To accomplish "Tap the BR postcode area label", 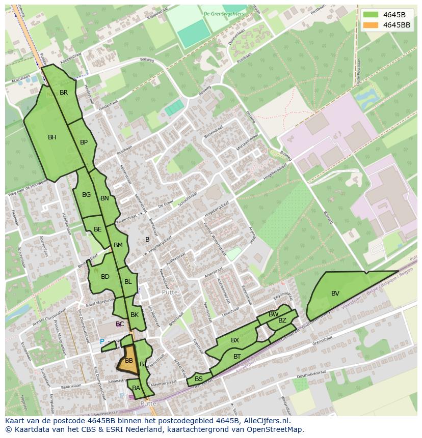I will pos(64,93).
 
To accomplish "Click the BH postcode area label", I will pos(52,137).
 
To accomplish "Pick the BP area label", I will pos(84,142).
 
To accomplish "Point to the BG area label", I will pos(86,195).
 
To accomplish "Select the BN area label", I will pos(104,198).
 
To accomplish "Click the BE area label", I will pos(97,229).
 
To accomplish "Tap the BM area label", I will pos(118,245).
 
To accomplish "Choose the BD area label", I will pos(105,277).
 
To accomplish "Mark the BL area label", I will pos(128,282).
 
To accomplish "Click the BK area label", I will pos(135,315).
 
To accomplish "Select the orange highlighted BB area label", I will pos(129,361).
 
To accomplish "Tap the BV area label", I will pos(335,294).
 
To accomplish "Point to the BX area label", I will pos(235,340).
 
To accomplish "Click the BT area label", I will pos(237,357).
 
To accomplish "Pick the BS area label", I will pos(199,379).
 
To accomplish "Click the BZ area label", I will pos(282,320).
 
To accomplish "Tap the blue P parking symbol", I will pos(102,342).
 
